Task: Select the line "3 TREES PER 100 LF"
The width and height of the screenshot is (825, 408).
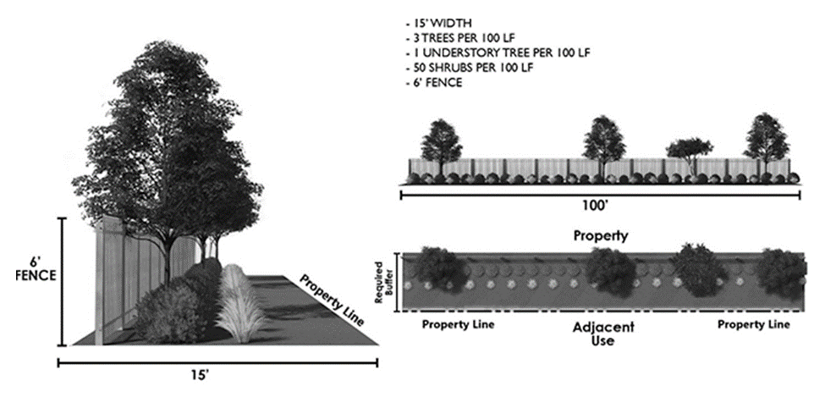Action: point(461,38)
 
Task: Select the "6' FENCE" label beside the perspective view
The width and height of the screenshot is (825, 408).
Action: point(35,269)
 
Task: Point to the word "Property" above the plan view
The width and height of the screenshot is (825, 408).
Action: point(601,235)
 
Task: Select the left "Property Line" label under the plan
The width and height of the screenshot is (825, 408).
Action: point(458,324)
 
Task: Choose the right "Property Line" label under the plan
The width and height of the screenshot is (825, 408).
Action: point(755,324)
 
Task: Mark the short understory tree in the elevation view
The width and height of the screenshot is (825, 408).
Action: point(689,152)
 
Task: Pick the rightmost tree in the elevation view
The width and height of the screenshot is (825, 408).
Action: point(766,140)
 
